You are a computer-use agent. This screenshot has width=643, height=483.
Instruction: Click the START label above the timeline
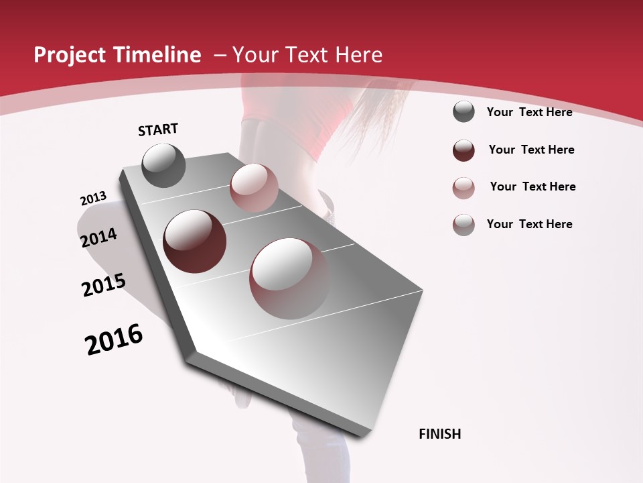coord(158,129)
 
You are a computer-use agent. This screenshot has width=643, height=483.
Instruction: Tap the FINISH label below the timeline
coord(440,434)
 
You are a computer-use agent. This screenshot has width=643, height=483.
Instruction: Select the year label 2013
coord(93,199)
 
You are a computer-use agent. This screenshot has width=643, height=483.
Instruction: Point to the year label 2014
coord(98,238)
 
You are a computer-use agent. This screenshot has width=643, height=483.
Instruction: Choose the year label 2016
coord(114,339)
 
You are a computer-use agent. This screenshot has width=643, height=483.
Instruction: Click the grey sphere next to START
coord(164,165)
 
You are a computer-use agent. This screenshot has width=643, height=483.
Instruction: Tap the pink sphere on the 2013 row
coord(254,188)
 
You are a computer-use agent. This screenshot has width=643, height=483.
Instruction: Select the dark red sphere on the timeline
coord(195,241)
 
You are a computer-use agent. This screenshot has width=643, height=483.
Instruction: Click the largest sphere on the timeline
coord(290,278)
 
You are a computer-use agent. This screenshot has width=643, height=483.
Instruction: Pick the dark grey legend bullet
coord(463,112)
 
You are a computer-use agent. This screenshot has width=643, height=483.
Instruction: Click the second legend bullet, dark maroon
coord(463,150)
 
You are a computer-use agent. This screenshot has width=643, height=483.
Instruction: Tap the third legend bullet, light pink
coord(463,187)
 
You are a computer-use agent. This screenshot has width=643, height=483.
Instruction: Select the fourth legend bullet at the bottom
coord(463,225)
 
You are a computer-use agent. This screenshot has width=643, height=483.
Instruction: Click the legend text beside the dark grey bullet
coord(529,112)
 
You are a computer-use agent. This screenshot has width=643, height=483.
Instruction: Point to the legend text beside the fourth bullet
coord(529,224)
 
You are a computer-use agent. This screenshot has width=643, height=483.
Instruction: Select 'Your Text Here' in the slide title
coord(307,55)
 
